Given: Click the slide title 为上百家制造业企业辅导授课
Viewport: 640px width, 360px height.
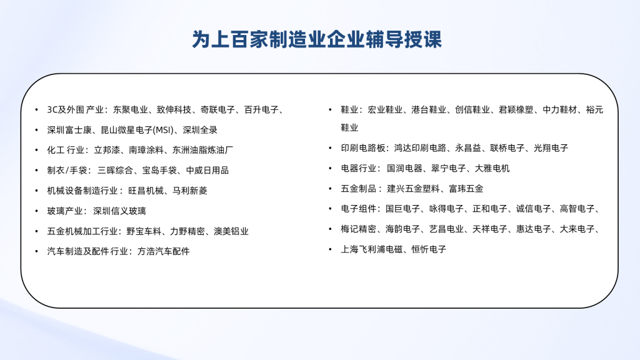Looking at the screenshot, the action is (x=317, y=39).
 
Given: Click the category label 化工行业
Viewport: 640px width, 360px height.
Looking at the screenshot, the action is (x=66, y=150).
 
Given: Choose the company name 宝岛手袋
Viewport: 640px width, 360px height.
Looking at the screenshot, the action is (x=159, y=171).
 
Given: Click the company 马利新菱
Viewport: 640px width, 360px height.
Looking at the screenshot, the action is (x=190, y=191).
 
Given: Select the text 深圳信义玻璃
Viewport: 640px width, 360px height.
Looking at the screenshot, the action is (x=119, y=211).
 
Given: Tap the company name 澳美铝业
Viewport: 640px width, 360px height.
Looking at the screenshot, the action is (x=231, y=231).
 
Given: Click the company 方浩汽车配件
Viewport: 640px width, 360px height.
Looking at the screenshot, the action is (x=163, y=251).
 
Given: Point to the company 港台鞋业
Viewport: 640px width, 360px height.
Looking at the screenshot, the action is (x=429, y=110).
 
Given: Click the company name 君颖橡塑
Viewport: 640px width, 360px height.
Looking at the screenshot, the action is (x=516, y=110).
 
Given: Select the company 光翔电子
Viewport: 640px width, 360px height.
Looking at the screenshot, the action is (x=551, y=148).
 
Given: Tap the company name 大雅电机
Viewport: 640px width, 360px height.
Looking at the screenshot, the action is (x=492, y=169).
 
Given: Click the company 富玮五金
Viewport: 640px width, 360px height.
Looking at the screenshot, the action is (x=466, y=189).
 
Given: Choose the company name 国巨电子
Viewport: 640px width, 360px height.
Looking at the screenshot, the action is (x=403, y=209).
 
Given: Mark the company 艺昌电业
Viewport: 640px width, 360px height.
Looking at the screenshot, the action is (x=446, y=229).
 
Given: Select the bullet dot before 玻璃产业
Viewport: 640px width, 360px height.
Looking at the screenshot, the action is (x=37, y=211).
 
